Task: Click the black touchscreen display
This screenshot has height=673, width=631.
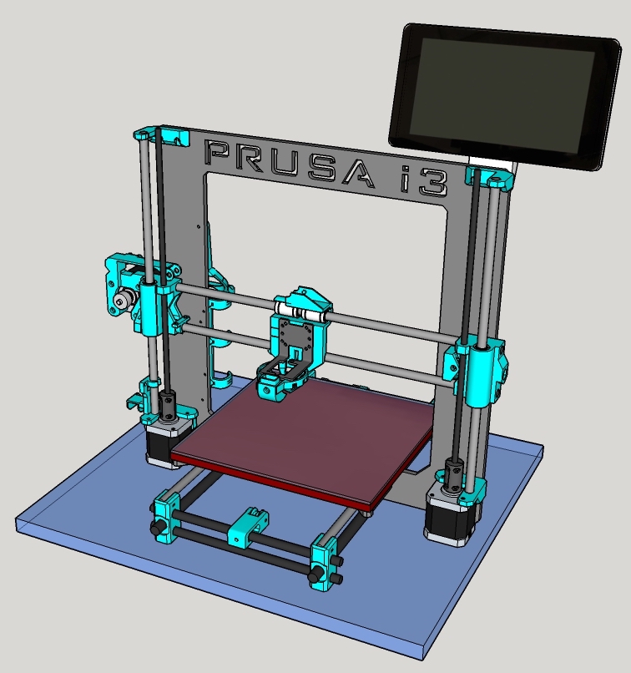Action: (x=505, y=97)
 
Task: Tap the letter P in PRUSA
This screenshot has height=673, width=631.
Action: (x=222, y=154)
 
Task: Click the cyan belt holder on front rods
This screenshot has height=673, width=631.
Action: (x=247, y=526)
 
